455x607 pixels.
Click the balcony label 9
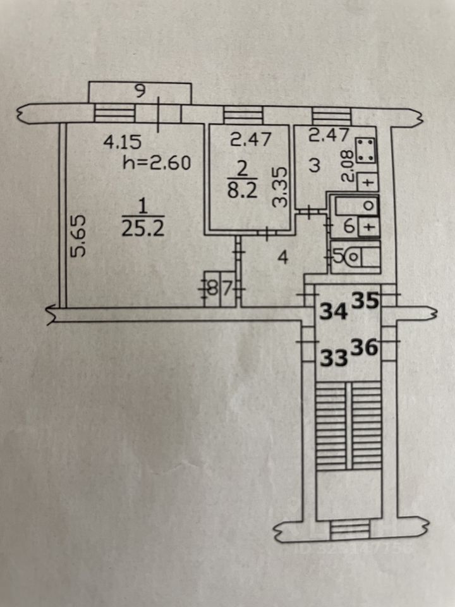click(140, 91)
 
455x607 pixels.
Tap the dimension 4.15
click(122, 142)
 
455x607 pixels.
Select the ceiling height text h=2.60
click(157, 163)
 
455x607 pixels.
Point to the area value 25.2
click(143, 229)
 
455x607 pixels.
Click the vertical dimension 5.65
click(78, 236)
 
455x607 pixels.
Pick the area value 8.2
click(242, 191)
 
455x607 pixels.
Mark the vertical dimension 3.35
click(281, 187)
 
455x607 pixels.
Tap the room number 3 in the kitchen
click(315, 166)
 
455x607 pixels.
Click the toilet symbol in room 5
click(353, 256)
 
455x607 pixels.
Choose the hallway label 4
click(284, 257)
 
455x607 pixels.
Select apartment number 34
click(334, 311)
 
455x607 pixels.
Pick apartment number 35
click(366, 301)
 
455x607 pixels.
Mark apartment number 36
click(365, 347)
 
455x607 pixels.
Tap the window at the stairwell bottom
click(350, 530)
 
